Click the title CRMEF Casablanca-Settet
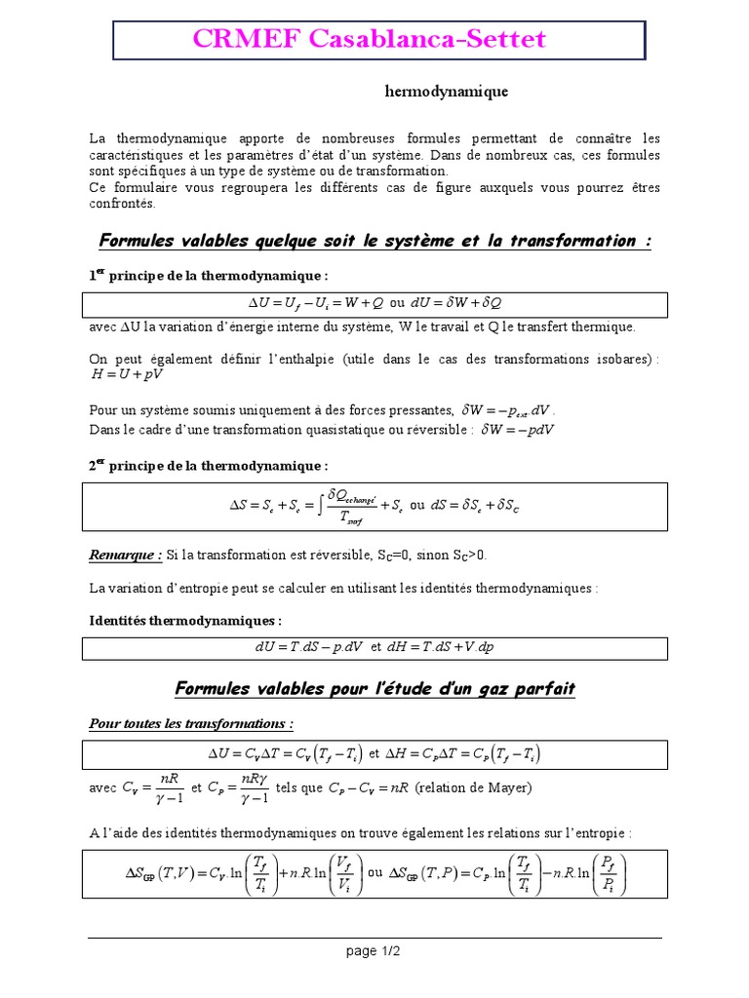369,39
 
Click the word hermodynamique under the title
447,92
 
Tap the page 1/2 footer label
374,952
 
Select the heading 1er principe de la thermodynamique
209,276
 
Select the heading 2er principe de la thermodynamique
209,466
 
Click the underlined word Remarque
125,555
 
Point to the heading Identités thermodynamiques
185,620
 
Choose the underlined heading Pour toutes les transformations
191,723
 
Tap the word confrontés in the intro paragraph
122,204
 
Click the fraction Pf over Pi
608,872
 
